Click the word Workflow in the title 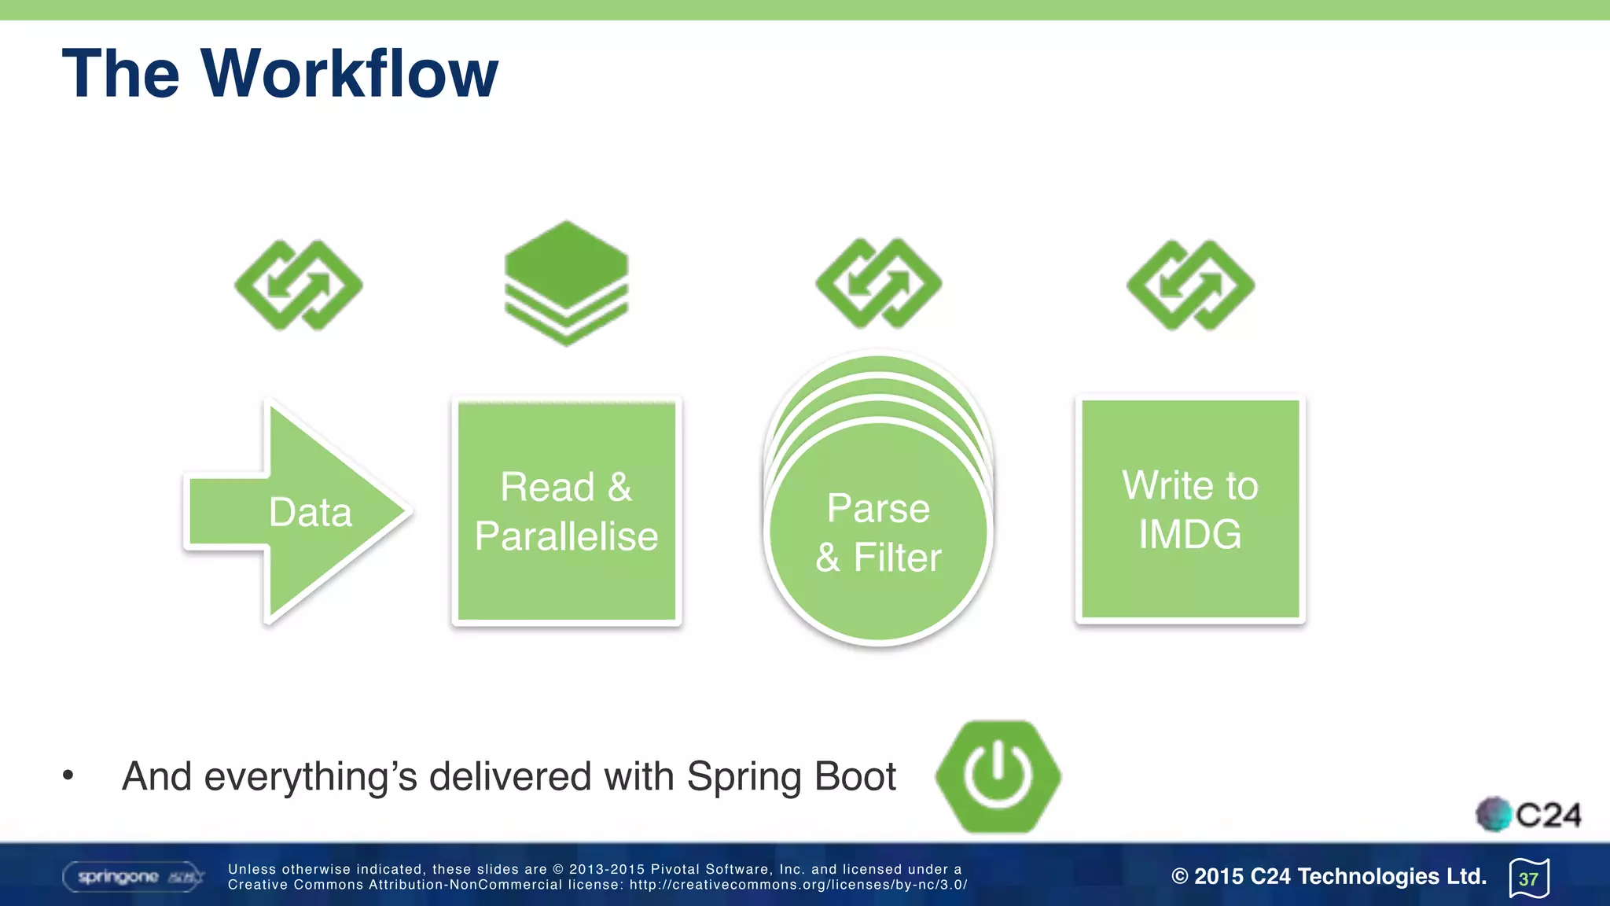coord(350,73)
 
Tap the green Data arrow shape coord(310,512)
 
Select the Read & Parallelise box coord(566,511)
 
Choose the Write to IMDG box coord(1190,510)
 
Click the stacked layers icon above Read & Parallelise coord(566,283)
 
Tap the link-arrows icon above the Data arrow coord(299,285)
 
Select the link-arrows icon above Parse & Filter coord(878,283)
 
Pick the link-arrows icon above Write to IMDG coord(1190,285)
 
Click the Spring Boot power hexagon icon coord(998,775)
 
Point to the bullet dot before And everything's coord(68,775)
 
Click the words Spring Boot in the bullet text coord(791,776)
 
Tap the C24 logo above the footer coord(1528,815)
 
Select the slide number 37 coord(1528,878)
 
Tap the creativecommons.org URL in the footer coord(797,885)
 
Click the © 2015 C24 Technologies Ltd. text coord(1329,876)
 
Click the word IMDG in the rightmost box coord(1190,535)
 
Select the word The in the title coord(121,73)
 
